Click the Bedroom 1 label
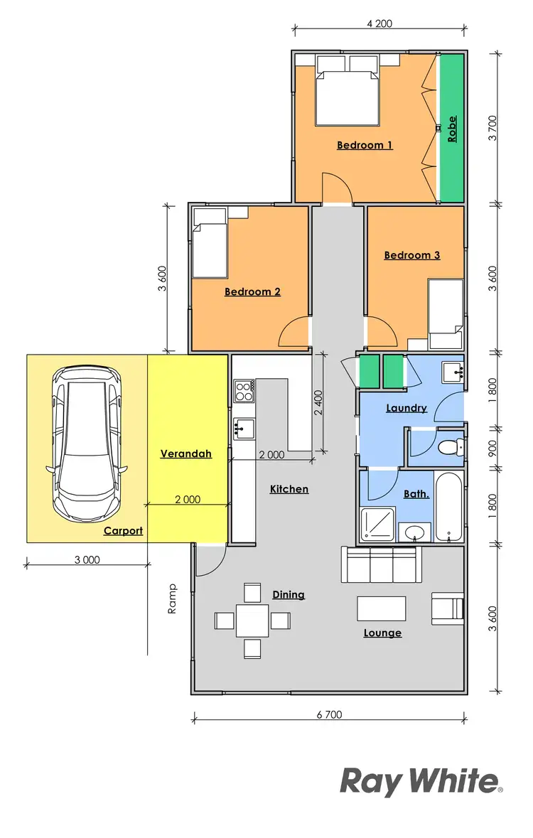[x=365, y=145]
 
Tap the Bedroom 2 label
[x=252, y=291]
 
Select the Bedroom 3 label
[x=412, y=255]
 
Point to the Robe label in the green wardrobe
[x=452, y=129]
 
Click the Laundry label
[x=406, y=408]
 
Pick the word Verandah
[x=186, y=453]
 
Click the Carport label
[x=123, y=530]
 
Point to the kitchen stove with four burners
[x=244, y=390]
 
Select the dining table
[x=252, y=620]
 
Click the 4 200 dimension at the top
[x=379, y=23]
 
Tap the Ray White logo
[x=421, y=781]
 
